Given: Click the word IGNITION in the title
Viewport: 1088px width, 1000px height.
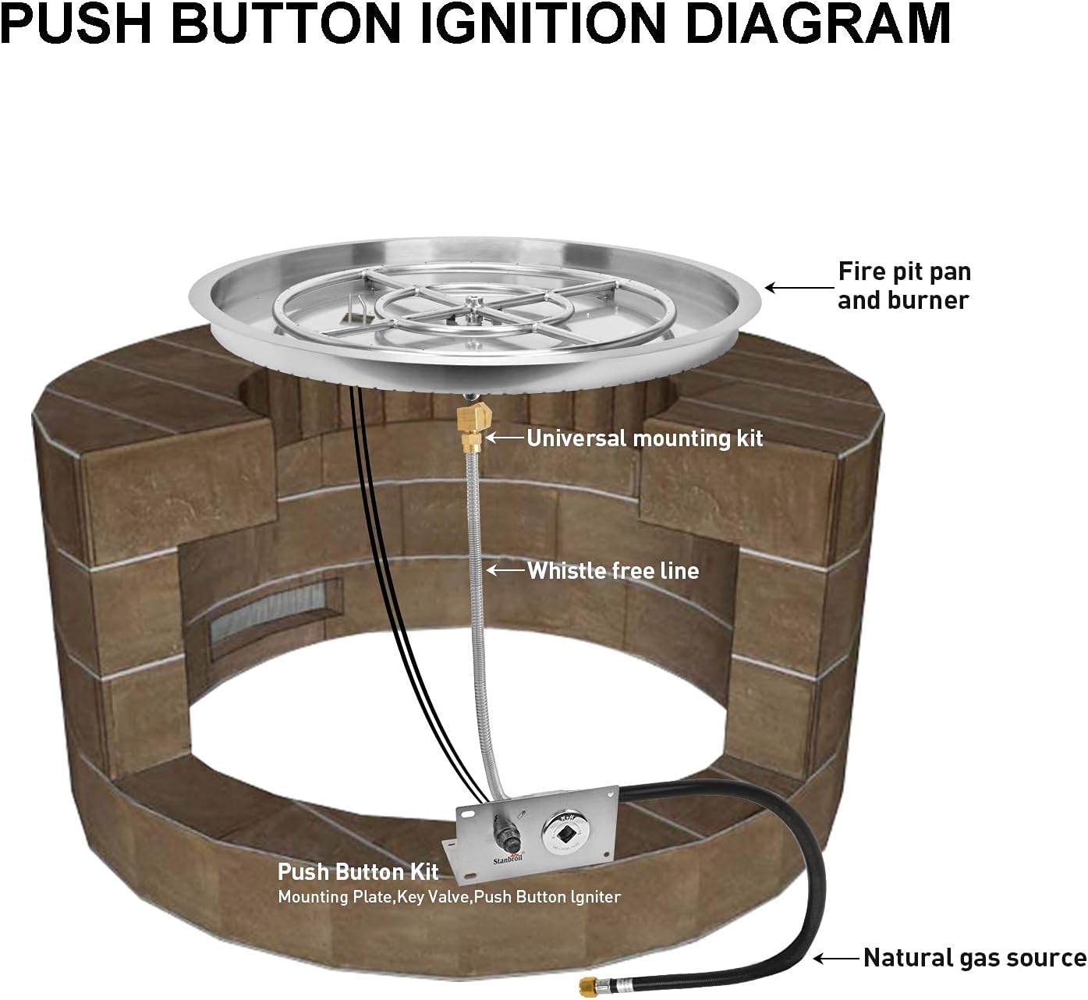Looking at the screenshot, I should [x=537, y=23].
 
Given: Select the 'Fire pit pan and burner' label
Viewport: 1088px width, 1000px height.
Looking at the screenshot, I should [x=904, y=285].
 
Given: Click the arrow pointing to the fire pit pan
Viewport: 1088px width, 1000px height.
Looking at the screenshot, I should [x=796, y=287].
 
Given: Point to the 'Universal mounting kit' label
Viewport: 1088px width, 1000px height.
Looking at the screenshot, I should [x=645, y=438].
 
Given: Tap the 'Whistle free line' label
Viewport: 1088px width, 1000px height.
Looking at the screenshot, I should [x=613, y=571].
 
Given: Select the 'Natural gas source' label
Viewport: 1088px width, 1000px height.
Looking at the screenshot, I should [x=974, y=958].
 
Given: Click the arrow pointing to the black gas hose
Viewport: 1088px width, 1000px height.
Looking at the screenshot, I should [x=835, y=957].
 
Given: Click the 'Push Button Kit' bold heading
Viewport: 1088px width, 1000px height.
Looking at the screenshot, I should [x=358, y=871].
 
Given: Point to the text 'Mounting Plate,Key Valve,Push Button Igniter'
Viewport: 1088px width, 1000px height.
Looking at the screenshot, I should [x=449, y=897].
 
